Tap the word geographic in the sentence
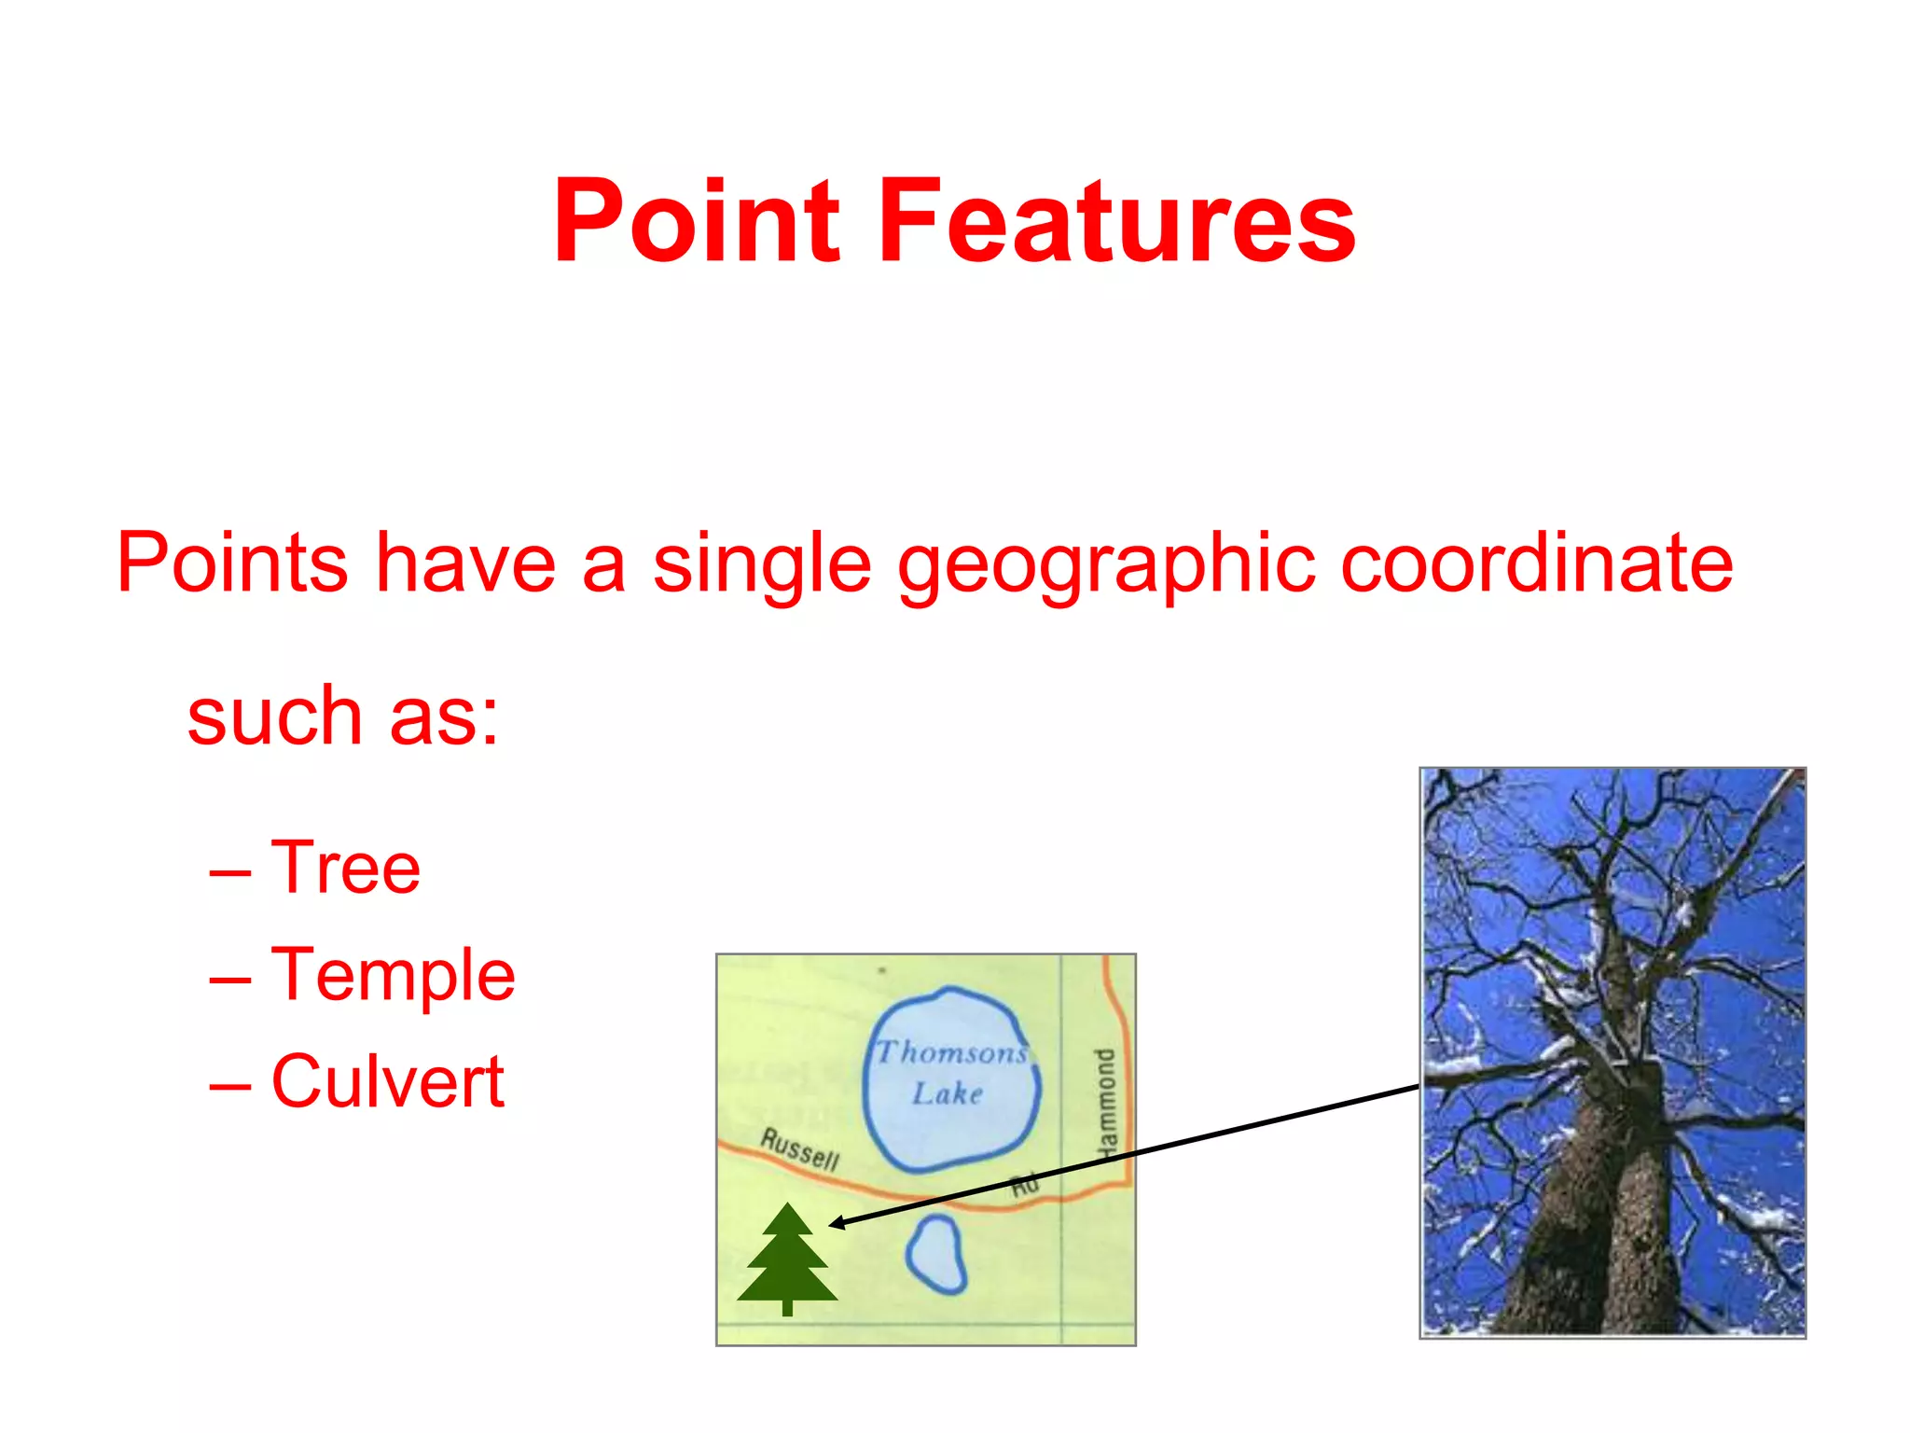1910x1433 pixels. click(1106, 565)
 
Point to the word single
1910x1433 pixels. click(762, 565)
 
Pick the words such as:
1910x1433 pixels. click(343, 716)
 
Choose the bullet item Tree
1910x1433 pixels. click(345, 868)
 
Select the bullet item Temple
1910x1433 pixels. click(393, 975)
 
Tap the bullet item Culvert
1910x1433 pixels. click(387, 1081)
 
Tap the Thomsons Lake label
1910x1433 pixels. click(950, 1073)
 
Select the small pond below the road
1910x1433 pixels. click(936, 1254)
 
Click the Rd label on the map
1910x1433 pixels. click(1024, 1186)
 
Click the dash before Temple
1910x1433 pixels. click(229, 979)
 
